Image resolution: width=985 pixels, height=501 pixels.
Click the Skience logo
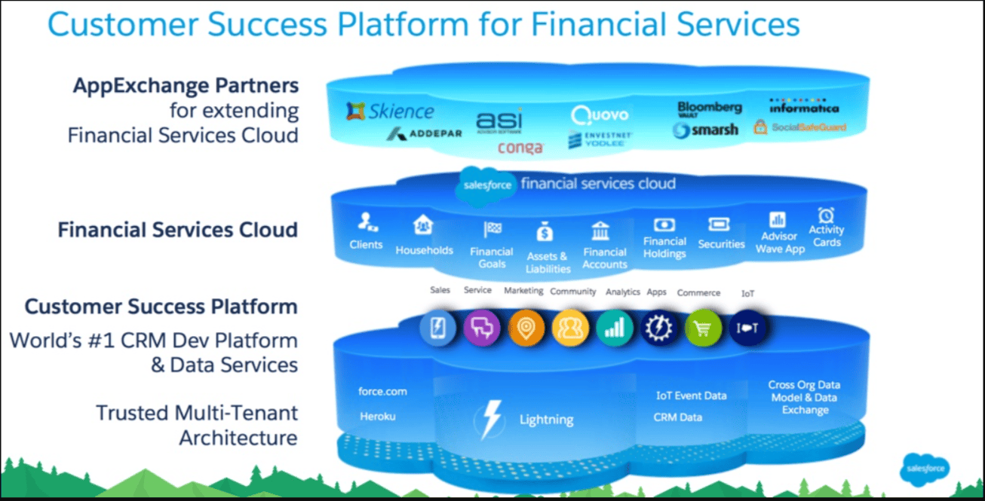coord(390,112)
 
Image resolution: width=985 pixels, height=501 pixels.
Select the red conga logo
coord(520,148)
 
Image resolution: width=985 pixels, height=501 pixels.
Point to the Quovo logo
coord(600,115)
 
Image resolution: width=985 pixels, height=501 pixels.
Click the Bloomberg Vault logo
coord(709,109)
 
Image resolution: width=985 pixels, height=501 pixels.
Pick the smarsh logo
coord(705,130)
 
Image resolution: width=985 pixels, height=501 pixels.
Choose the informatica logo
coord(803,107)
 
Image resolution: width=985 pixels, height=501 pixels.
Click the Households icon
coord(423,225)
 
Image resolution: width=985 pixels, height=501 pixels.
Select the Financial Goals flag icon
coord(492,230)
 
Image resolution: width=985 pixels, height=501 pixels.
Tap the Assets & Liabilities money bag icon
coord(545,232)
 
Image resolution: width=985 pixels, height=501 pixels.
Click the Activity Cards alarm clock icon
coord(826,215)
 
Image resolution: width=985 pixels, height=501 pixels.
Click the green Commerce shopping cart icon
coord(703,328)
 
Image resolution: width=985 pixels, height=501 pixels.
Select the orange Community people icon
coord(570,328)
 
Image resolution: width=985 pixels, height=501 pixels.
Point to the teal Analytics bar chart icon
coord(615,328)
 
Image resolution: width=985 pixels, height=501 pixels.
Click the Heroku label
coord(377,417)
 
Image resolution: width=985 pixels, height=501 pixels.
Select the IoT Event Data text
coord(691,396)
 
